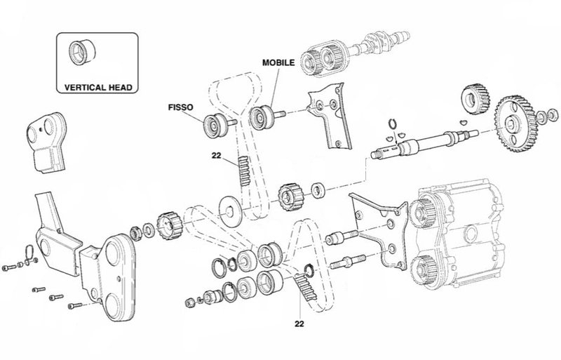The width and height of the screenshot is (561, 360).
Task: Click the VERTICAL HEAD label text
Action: (98, 87)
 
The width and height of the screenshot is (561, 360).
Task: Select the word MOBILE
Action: (278, 62)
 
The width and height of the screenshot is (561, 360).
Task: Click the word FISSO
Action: (181, 107)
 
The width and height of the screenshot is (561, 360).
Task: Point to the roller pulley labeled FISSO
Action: (215, 125)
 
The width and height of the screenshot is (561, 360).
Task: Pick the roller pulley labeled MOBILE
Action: (263, 116)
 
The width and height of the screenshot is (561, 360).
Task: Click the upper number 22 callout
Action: (217, 156)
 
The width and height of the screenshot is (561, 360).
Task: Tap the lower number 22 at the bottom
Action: (299, 324)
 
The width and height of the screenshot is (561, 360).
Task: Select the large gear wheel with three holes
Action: (515, 124)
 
